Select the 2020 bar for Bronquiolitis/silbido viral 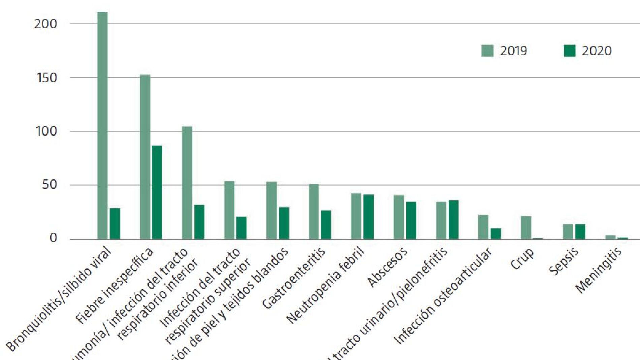coord(115,223)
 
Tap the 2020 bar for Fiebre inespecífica coord(157,192)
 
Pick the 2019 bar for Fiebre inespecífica coord(145,157)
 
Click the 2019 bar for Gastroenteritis coord(314,211)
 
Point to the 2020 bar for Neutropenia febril coord(369,217)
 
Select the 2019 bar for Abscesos coord(398,217)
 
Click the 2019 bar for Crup coord(526,228)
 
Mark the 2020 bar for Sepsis coord(580,232)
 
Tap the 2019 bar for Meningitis coord(610,237)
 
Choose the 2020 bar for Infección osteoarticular coord(495,234)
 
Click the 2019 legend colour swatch coord(487,51)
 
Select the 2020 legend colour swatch coord(569,51)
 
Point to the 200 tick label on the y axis coord(46,24)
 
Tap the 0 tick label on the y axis coord(53,238)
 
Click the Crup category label coord(522,259)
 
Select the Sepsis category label coord(563,261)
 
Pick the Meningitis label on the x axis coord(598,270)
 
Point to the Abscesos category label coord(387,267)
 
